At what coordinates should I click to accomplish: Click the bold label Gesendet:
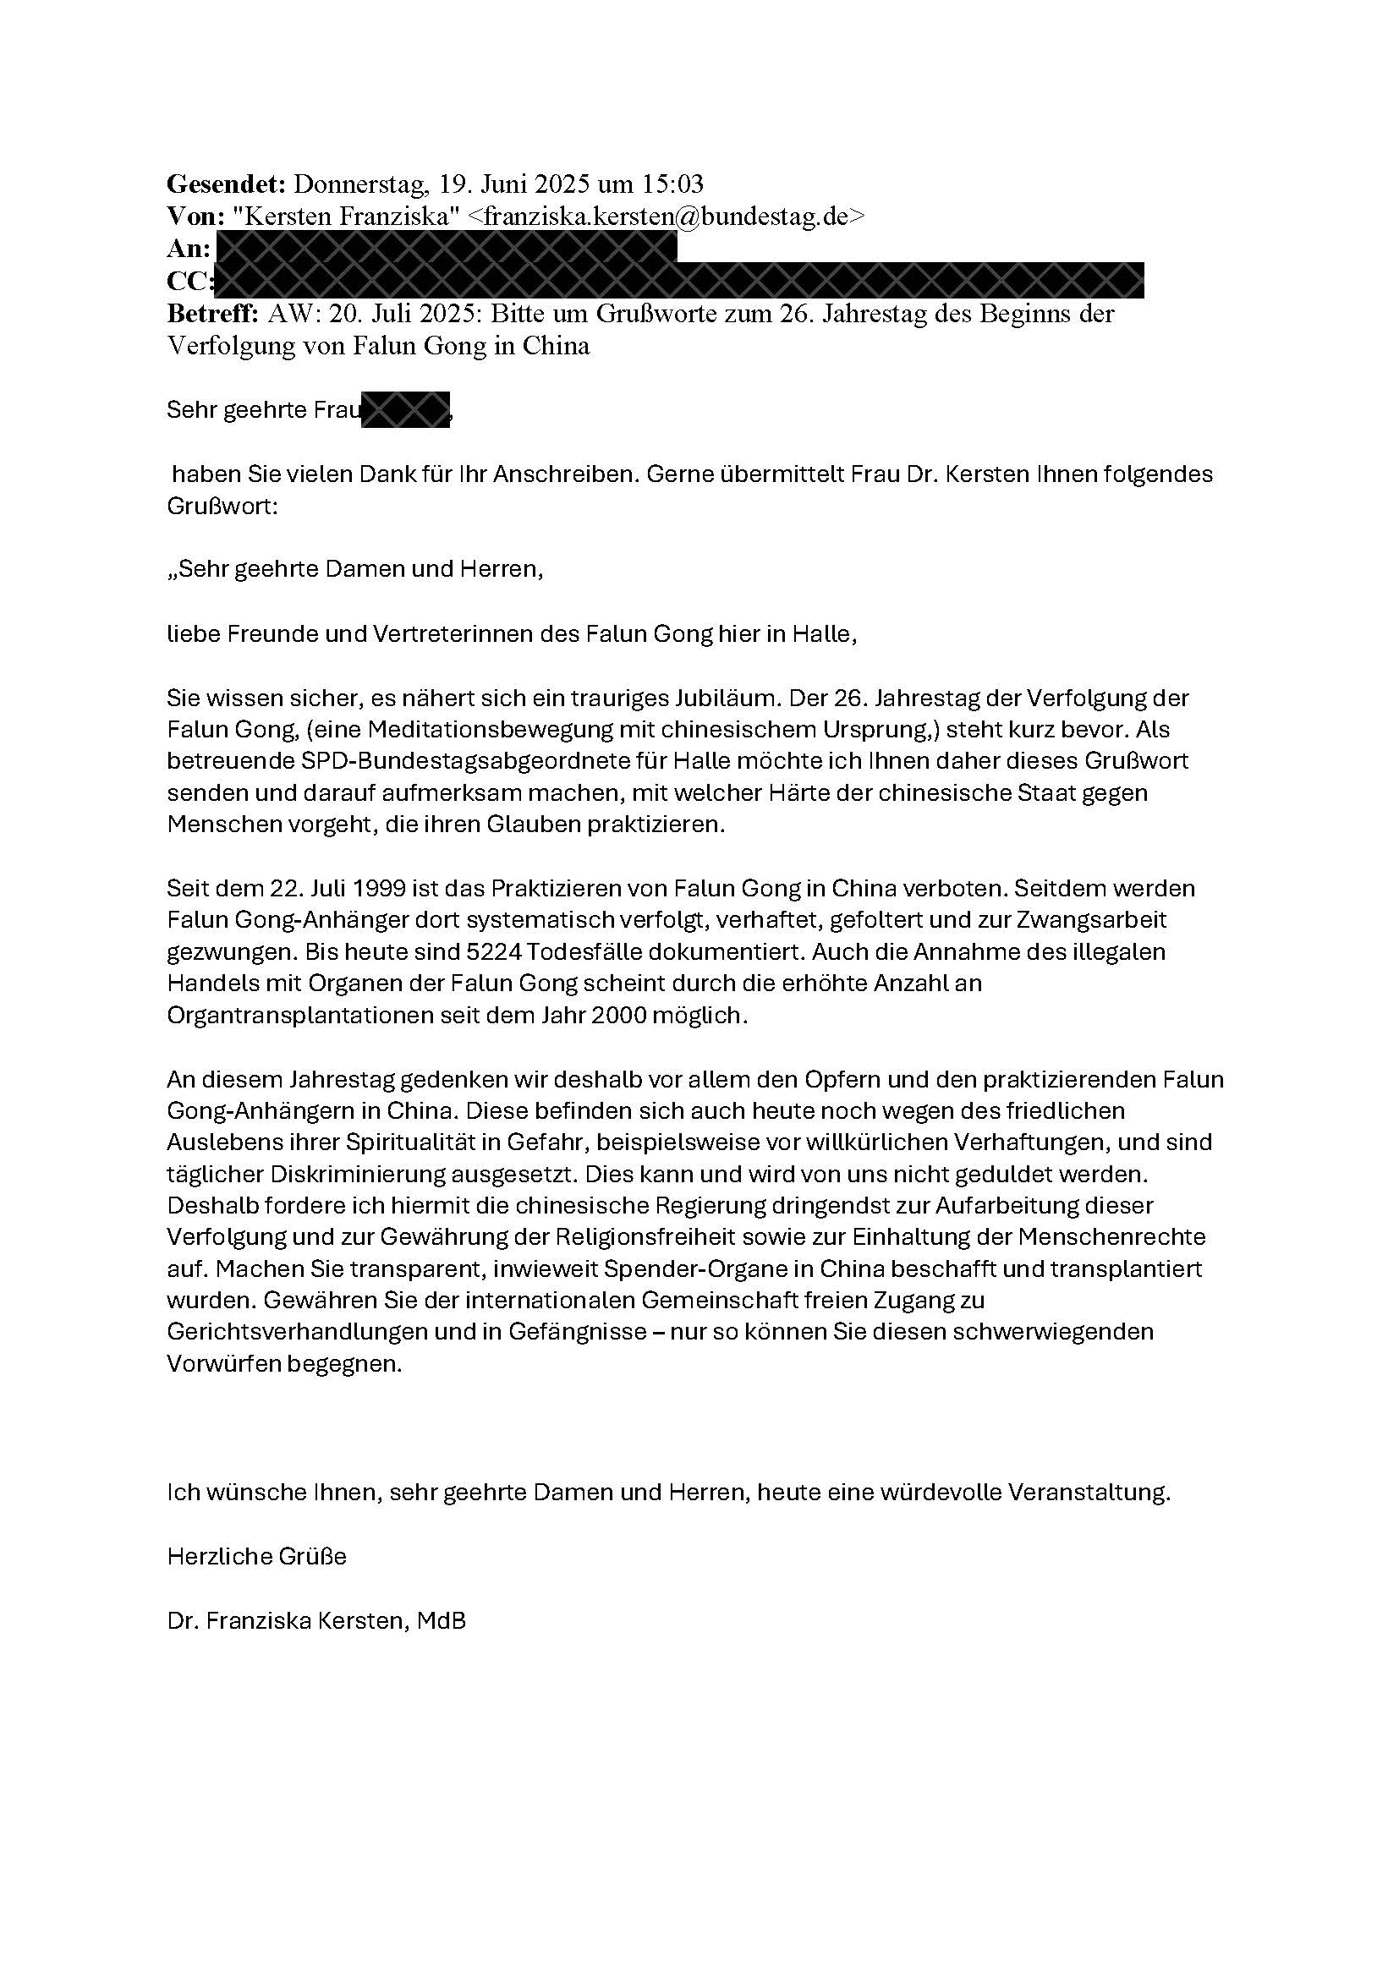tap(225, 184)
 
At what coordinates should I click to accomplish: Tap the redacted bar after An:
tap(446, 248)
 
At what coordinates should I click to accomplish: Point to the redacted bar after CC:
tap(679, 281)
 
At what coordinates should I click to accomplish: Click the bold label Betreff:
tap(213, 314)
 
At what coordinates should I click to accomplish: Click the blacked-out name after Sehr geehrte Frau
tap(406, 410)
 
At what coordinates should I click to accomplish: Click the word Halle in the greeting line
tap(828, 634)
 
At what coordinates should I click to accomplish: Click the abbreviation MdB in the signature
tap(441, 1620)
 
